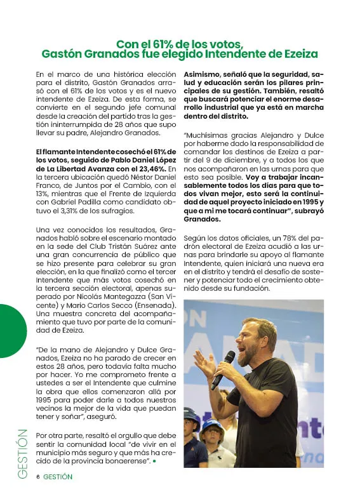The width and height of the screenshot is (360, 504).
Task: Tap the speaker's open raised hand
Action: coord(204,364)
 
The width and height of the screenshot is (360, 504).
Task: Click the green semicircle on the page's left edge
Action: coord(11,331)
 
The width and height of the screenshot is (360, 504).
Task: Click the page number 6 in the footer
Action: coord(38,477)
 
